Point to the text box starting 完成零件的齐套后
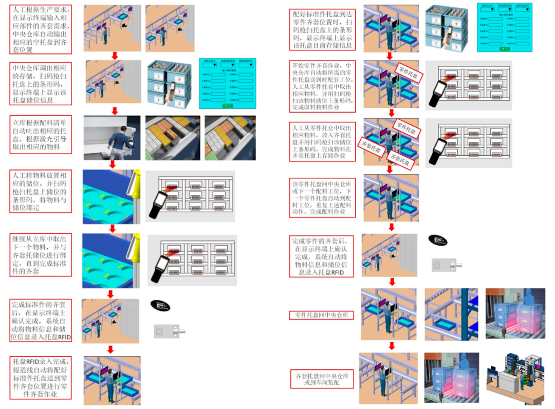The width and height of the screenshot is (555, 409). [323, 257]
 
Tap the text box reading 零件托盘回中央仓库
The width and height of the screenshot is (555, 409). [322, 314]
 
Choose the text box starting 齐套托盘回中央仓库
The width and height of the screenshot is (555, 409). [323, 379]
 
